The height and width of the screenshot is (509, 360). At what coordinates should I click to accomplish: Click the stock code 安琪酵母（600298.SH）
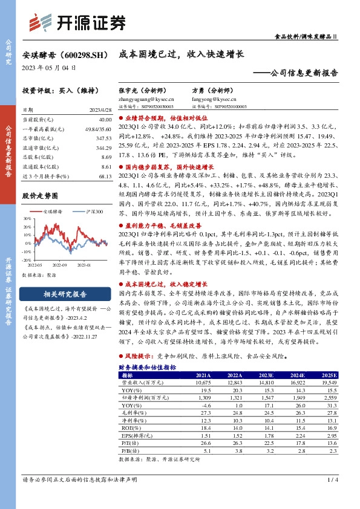61,54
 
